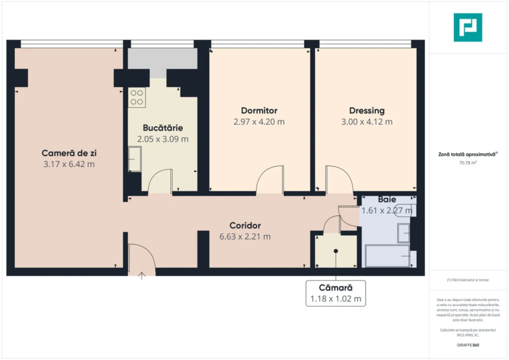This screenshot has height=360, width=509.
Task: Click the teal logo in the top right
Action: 468,27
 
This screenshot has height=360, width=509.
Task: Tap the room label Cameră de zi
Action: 69,153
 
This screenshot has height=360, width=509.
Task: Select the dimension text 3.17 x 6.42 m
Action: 69,164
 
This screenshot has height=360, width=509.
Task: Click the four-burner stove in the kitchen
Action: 137,97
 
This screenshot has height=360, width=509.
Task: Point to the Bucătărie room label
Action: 163,128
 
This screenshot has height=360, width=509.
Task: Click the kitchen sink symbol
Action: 135,159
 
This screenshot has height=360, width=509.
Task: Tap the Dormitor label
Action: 259,111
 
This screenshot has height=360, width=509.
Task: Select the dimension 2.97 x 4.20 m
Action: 259,122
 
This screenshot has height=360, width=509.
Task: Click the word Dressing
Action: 367,111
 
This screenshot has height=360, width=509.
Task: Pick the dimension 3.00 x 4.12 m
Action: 367,122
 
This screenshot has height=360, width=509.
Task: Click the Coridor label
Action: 245,225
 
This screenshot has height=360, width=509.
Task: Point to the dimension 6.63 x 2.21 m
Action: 245,237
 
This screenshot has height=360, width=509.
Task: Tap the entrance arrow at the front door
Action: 142,276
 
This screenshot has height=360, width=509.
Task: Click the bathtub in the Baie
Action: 388,256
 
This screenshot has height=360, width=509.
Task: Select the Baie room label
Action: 387,199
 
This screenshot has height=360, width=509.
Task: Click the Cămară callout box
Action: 335,293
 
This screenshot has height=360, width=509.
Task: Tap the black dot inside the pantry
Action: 336,251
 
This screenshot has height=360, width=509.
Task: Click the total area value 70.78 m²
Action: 468,163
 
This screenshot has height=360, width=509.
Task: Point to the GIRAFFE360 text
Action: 468,345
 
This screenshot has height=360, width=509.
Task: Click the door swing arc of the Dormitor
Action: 270,175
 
